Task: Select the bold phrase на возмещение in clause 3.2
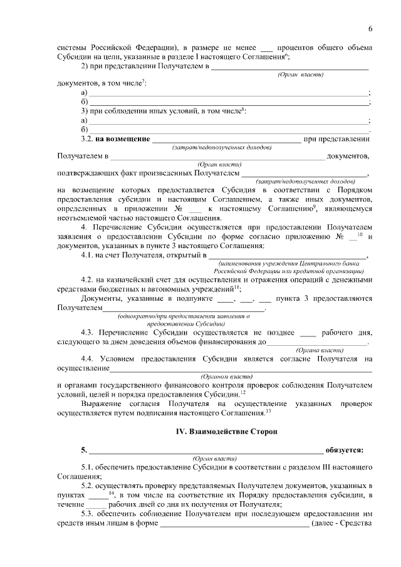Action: click(x=122, y=138)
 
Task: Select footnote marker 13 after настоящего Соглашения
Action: click(x=268, y=411)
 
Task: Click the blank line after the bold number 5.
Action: click(x=207, y=450)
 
